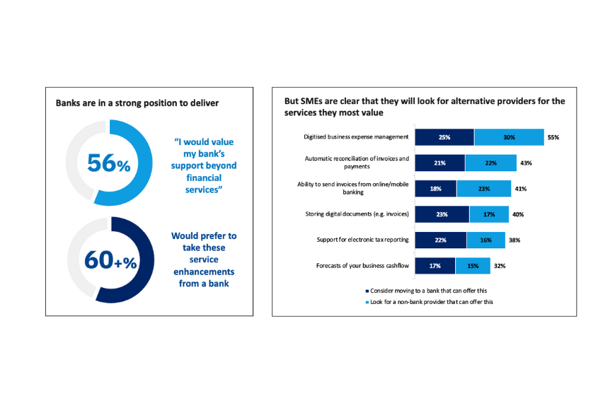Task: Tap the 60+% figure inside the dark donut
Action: [109, 260]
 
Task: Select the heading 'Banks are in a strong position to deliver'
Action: [137, 103]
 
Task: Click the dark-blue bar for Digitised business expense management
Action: [444, 137]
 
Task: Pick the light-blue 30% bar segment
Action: [509, 137]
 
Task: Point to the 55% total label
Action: [553, 138]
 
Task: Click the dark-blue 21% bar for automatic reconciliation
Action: [439, 163]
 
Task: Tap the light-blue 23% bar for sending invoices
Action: [483, 189]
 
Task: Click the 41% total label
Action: [520, 189]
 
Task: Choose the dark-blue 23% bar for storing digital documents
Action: [442, 214]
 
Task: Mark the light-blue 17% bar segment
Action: [488, 214]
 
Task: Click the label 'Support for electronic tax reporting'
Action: [363, 240]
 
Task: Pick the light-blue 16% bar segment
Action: [485, 240]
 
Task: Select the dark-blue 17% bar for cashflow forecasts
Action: [435, 266]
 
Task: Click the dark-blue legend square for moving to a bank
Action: [367, 290]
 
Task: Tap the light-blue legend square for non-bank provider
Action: [367, 302]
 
